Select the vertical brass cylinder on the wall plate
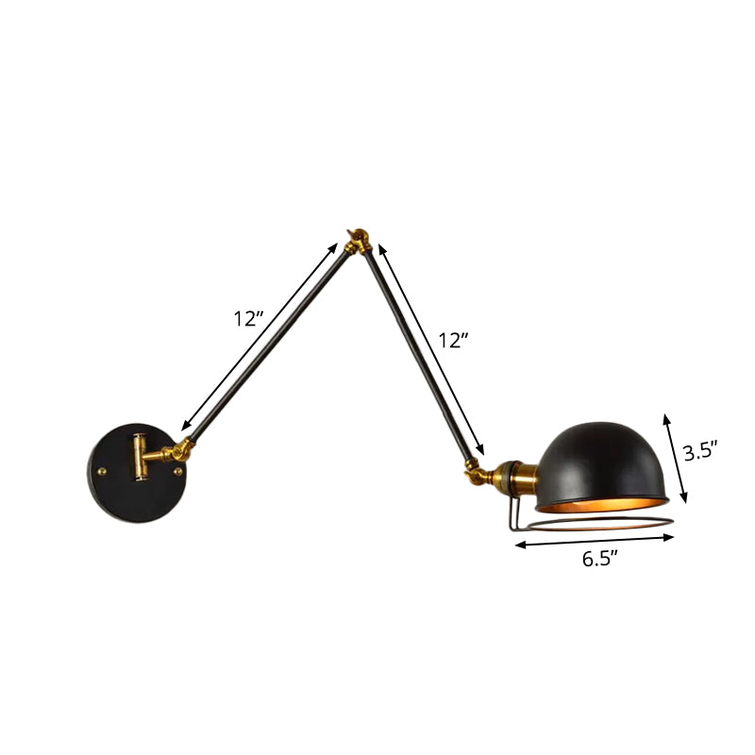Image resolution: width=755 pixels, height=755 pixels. (x=139, y=456)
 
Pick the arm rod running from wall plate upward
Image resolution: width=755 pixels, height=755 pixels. (x=264, y=350)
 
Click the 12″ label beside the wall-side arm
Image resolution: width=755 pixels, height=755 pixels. (x=247, y=319)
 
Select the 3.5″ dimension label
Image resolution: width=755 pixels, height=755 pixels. (x=701, y=452)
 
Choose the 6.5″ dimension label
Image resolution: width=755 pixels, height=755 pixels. (x=599, y=559)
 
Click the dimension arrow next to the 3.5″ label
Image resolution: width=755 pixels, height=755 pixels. (x=675, y=457)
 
